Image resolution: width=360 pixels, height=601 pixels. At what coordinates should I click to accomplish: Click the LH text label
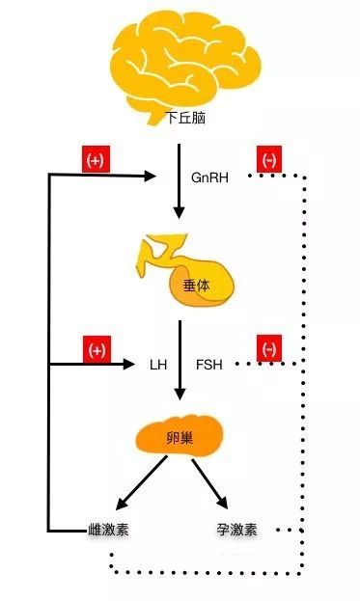(158, 366)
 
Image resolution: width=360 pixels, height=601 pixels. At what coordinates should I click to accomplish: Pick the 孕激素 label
(236, 530)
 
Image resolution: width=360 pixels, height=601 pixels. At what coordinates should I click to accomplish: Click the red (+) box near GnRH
(95, 161)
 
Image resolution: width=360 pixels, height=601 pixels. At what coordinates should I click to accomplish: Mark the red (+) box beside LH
(96, 350)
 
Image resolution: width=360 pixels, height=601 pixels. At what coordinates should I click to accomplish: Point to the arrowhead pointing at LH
(133, 365)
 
